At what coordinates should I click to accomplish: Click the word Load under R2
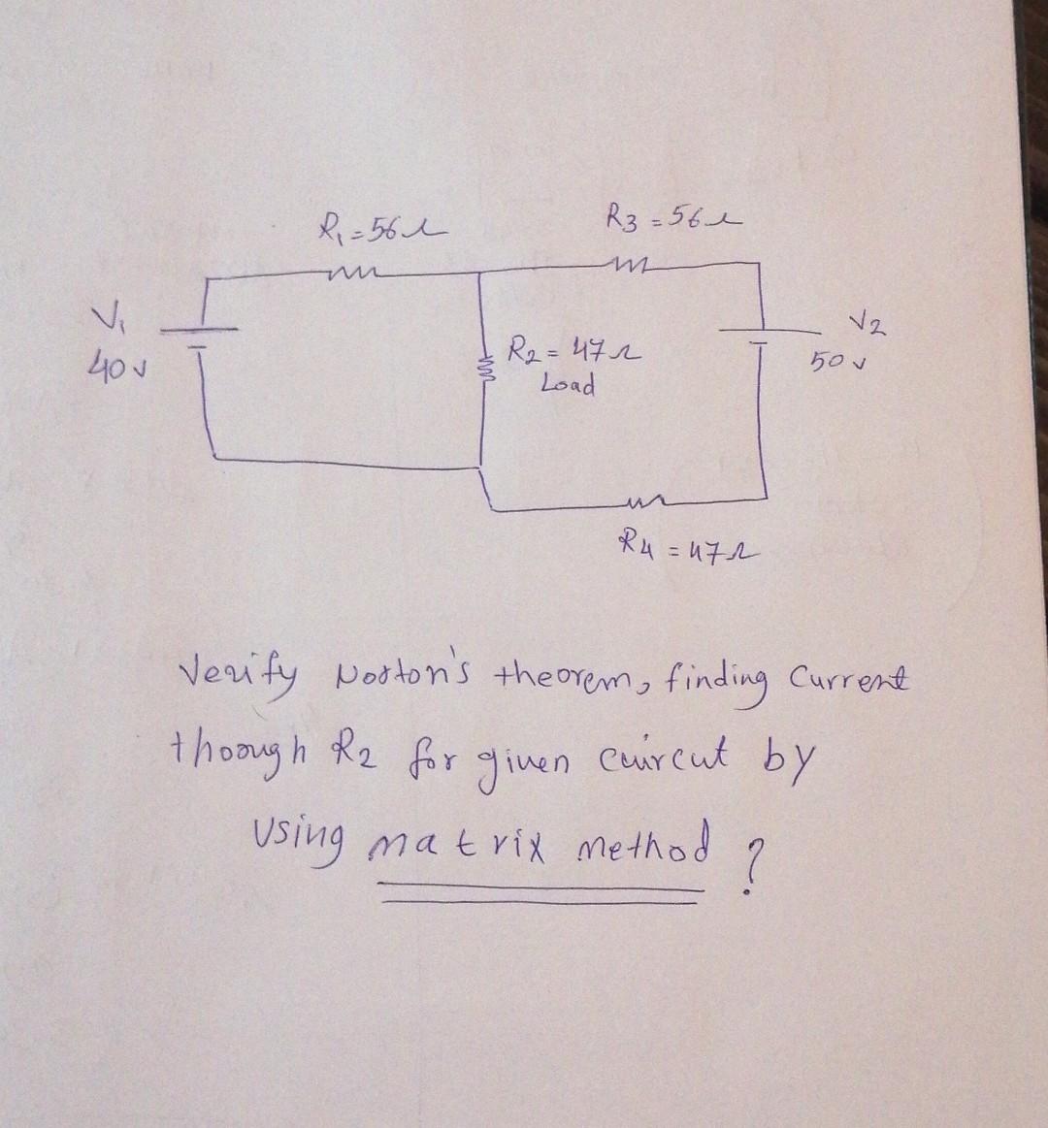[569, 385]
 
